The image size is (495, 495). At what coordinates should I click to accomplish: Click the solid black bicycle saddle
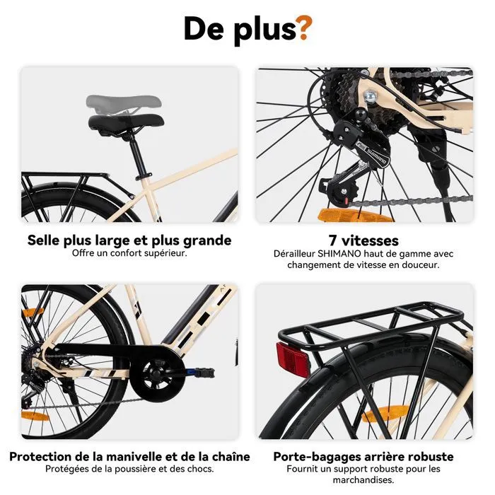coord(126,124)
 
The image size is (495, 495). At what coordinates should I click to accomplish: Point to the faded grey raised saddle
coord(124,103)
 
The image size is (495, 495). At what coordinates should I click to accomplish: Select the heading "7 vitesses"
coord(363,240)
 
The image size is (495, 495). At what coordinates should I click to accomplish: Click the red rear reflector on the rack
coord(293,359)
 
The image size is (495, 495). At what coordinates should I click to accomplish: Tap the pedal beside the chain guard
coord(200,372)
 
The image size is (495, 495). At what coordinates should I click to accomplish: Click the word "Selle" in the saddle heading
coord(43,240)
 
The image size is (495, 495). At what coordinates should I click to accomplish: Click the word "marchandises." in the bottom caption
coord(363,480)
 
